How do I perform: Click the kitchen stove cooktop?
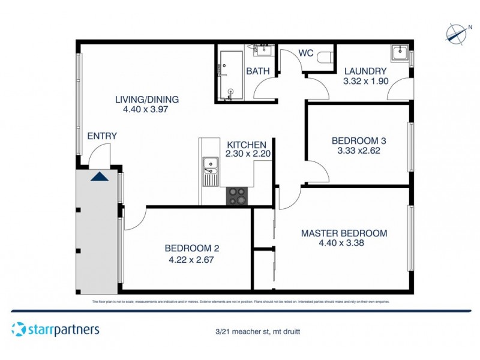[237, 196]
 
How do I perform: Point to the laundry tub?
[399, 55]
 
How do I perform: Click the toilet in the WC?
[325, 57]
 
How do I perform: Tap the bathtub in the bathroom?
[229, 75]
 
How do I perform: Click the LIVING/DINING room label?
[147, 100]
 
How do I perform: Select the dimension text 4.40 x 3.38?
[344, 244]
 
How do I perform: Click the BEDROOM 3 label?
[358, 140]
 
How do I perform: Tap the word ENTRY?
[102, 136]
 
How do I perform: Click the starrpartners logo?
[55, 329]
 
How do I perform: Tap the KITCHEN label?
[246, 145]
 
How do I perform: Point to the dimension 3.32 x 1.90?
[366, 81]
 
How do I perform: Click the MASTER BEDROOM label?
[344, 233]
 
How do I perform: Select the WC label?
[307, 53]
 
